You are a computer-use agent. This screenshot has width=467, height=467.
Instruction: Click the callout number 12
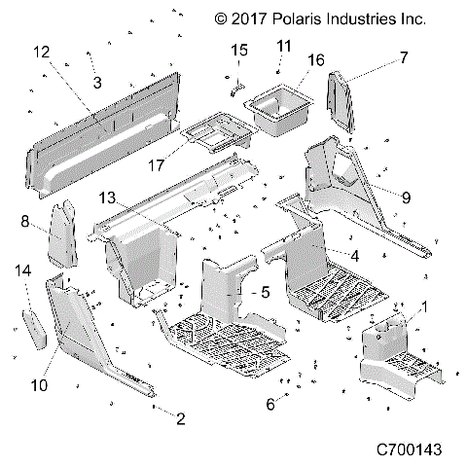coord(41,51)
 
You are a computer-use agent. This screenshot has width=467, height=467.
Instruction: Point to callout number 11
coord(284,46)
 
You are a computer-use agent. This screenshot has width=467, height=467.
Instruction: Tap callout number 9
coord(406,198)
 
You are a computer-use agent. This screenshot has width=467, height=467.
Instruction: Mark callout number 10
coord(39,385)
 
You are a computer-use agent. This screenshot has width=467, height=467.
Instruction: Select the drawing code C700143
coord(410,450)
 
